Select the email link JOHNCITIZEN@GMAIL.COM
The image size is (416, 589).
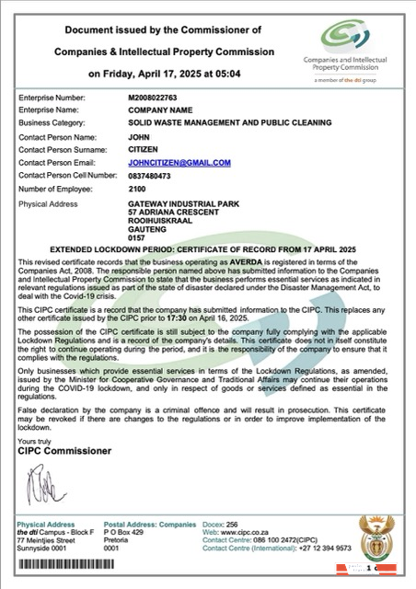click(179, 162)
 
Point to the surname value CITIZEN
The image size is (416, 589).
click(144, 148)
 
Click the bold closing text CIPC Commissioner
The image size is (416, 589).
click(64, 451)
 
